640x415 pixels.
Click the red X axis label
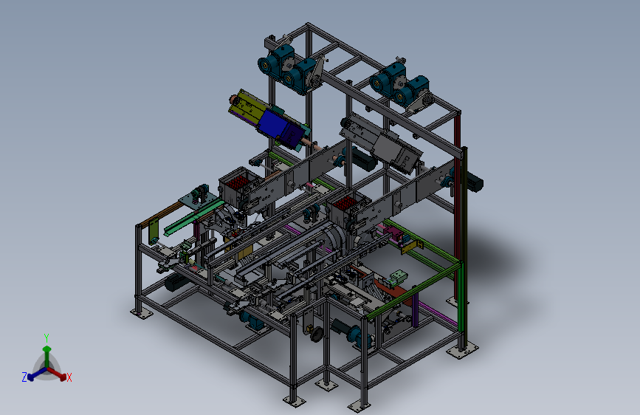tap(69, 377)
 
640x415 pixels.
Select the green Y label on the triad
tap(47, 338)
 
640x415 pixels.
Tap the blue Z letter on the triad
tap(24, 377)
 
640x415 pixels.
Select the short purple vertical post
tap(415, 310)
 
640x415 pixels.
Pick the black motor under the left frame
tap(175, 282)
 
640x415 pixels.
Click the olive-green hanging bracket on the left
tap(154, 231)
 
